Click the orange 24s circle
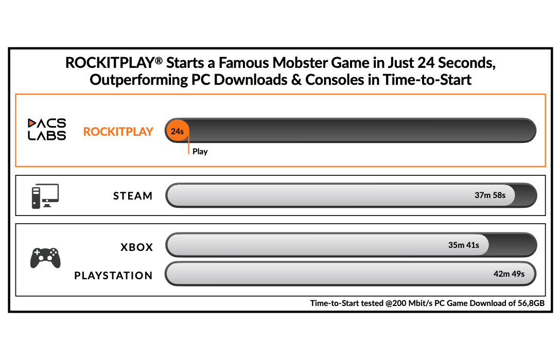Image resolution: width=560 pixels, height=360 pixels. pos(177,131)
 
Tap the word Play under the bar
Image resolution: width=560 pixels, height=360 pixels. pos(200,152)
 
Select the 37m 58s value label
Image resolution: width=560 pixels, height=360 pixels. pos(490,195)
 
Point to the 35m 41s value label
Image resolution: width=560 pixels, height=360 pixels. pos(464,245)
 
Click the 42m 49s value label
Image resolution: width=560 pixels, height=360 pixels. pos(509,274)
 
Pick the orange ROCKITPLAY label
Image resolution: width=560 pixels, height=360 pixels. pos(118,132)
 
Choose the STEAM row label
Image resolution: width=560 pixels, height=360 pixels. pos(133,196)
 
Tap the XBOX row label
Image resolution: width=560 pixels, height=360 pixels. pos(137,247)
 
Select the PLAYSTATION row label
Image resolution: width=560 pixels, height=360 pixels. pos(114,276)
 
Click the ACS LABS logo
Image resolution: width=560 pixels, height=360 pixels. pos(47,129)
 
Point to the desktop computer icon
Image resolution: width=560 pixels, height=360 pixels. pos(45,196)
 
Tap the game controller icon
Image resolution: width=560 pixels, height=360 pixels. pos(45,258)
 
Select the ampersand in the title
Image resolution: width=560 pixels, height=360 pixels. pos(296,80)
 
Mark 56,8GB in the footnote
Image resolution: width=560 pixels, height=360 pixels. pos(531,303)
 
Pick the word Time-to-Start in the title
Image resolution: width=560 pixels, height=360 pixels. pos(427,80)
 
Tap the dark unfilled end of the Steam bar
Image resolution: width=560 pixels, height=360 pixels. pos(526,195)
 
